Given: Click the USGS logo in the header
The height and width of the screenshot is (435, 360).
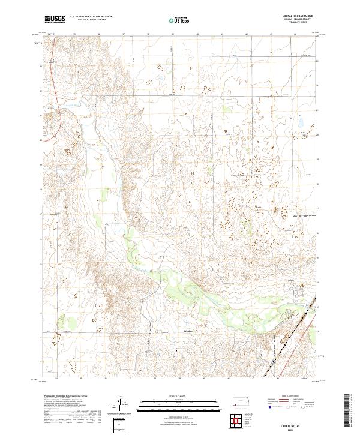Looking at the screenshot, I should pyautogui.click(x=55, y=19).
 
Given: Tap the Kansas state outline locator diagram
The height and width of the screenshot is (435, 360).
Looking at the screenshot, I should pyautogui.click(x=242, y=401).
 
